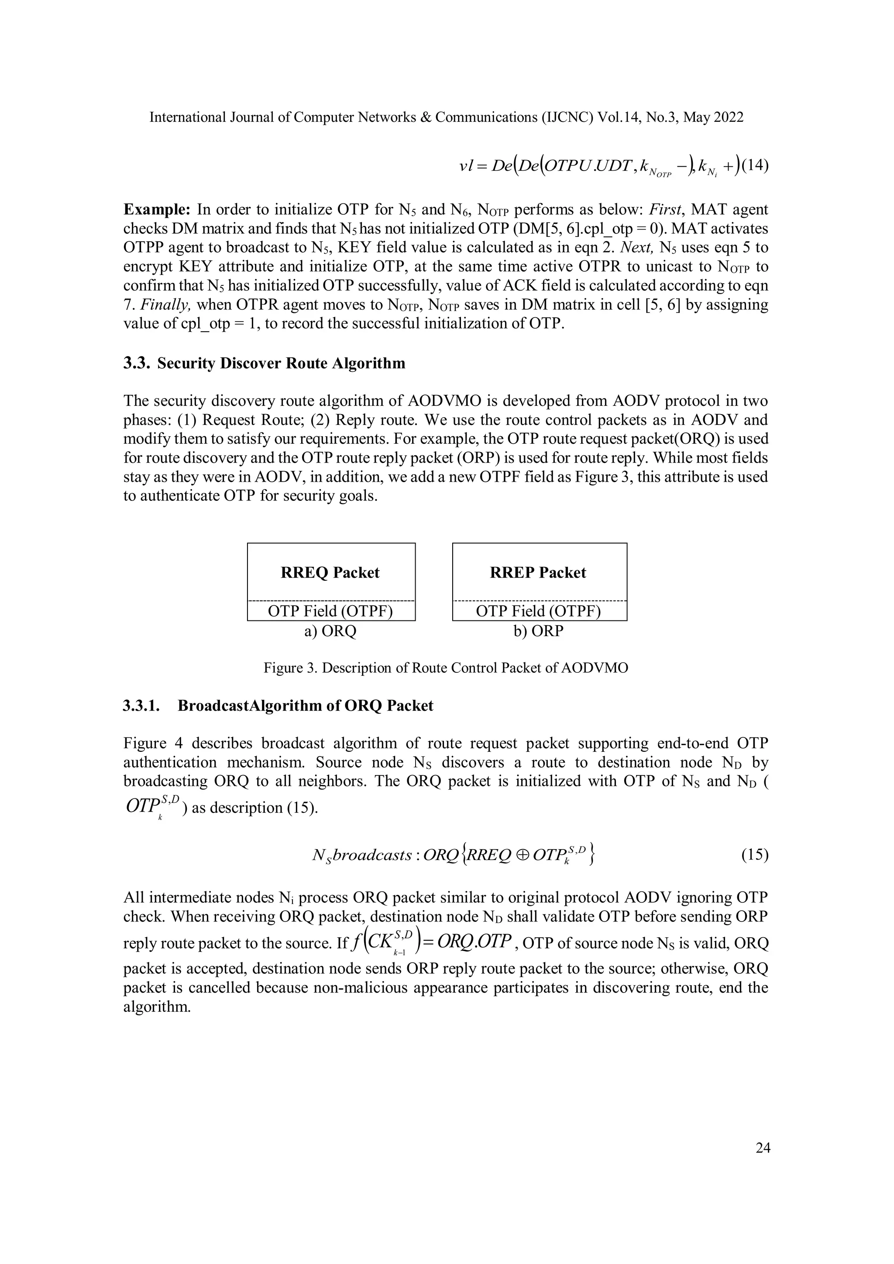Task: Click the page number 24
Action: click(x=763, y=1148)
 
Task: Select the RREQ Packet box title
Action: click(x=330, y=572)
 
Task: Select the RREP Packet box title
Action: click(x=538, y=572)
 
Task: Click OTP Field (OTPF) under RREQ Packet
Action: click(x=330, y=611)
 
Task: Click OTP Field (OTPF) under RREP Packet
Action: click(x=538, y=611)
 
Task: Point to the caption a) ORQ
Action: click(x=330, y=631)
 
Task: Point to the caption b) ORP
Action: click(x=538, y=631)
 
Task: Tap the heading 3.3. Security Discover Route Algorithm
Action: click(x=265, y=363)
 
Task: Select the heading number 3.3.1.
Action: click(x=141, y=706)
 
